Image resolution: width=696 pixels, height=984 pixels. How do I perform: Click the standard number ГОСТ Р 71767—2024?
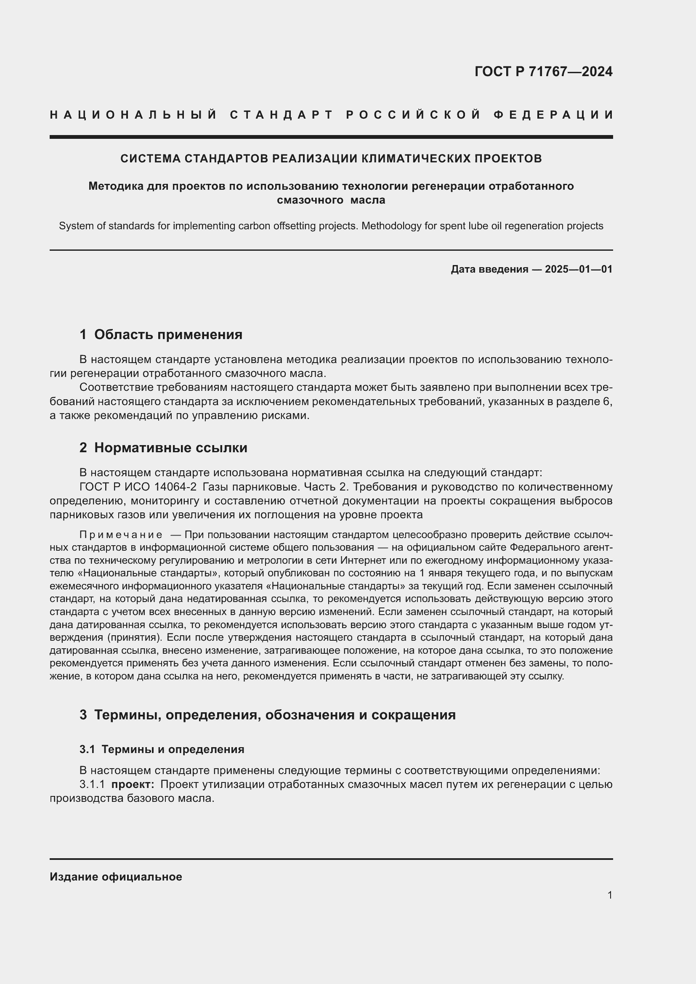[x=543, y=72]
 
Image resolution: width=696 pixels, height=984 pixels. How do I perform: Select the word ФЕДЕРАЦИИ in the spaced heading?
[x=553, y=115]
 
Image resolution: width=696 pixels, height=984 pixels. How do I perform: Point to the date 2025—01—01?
[x=579, y=269]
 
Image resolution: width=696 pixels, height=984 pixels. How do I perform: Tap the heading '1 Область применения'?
[x=161, y=335]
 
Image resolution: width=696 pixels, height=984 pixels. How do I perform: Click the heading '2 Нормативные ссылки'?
[x=163, y=448]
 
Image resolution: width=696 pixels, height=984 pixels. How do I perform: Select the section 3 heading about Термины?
[x=268, y=715]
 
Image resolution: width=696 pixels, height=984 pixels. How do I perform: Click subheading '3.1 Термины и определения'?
[x=162, y=749]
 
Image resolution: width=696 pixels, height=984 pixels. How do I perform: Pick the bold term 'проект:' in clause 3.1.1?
[x=133, y=784]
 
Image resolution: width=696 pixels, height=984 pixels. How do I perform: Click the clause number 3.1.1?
[x=92, y=784]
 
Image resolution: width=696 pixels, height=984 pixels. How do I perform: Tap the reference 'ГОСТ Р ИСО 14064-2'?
[x=138, y=487]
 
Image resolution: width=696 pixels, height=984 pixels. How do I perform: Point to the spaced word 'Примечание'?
[x=121, y=535]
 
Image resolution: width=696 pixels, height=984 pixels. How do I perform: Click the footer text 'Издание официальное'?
[x=116, y=877]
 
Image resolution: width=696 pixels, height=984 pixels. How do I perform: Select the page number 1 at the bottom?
[x=609, y=895]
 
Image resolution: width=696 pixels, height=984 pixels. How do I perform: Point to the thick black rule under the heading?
[x=331, y=137]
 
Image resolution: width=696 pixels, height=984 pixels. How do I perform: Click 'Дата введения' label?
[x=489, y=269]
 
